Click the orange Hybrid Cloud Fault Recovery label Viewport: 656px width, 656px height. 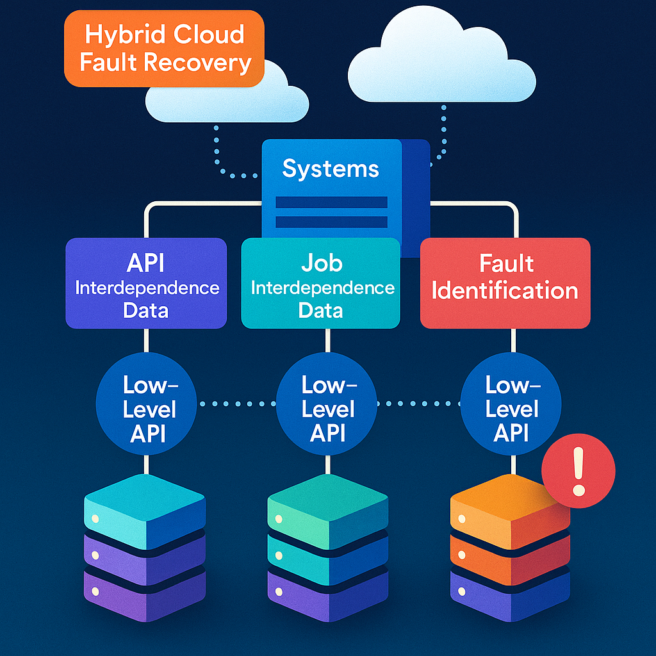[164, 48]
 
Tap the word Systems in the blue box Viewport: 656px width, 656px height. [331, 169]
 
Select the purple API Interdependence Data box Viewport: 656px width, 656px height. [146, 283]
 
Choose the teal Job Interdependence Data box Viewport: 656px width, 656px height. [321, 283]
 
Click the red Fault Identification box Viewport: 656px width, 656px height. [505, 283]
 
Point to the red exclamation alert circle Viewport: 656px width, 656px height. [578, 471]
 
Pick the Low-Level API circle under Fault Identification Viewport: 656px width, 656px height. [511, 409]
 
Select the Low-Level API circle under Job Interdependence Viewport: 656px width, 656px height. [327, 409]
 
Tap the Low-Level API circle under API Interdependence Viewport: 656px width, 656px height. [147, 409]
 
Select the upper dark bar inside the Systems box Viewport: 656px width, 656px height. [331, 202]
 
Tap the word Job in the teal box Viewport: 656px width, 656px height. [322, 263]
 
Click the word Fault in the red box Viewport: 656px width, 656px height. [506, 263]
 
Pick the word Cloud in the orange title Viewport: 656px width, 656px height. [211, 34]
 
